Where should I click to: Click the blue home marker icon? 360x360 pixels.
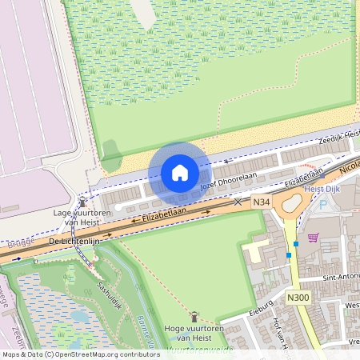pyautogui.click(x=180, y=173)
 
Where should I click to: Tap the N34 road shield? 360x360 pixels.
pyautogui.click(x=261, y=203)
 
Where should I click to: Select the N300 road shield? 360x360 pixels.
pyautogui.click(x=298, y=298)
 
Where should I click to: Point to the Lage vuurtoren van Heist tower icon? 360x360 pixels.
pyautogui.click(x=82, y=202)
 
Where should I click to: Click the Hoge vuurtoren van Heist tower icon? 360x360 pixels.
pyautogui.click(x=193, y=317)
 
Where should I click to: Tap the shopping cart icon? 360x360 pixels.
pyautogui.click(x=313, y=237)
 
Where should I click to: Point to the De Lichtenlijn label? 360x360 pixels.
pyautogui.click(x=73, y=240)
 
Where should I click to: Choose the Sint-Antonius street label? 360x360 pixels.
pyautogui.click(x=340, y=277)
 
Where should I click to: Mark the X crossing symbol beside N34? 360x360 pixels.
pyautogui.click(x=237, y=202)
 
